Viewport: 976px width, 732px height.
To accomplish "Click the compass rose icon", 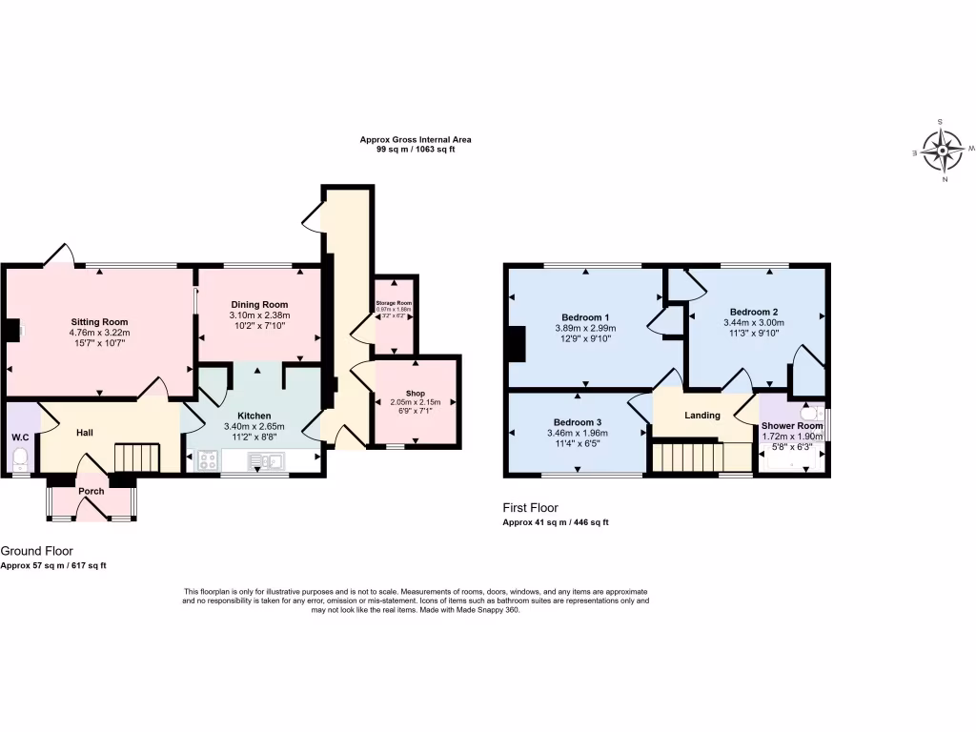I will click(x=944, y=150).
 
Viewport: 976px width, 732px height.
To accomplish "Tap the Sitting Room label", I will click(x=99, y=322).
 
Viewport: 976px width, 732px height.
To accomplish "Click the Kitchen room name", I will click(x=254, y=416).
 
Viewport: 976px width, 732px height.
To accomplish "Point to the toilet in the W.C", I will click(x=20, y=459).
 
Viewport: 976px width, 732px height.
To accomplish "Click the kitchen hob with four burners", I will click(x=207, y=462).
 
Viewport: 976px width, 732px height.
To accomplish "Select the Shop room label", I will click(x=415, y=393).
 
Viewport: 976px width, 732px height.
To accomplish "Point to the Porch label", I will click(x=91, y=491).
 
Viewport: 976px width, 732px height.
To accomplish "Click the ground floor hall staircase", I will click(x=133, y=457).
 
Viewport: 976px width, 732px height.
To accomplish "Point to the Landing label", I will click(x=702, y=416).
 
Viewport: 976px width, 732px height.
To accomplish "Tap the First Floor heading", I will click(x=531, y=508).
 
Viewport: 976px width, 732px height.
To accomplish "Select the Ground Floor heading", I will click(x=36, y=551).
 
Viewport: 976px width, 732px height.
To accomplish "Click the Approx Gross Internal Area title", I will click(x=415, y=139).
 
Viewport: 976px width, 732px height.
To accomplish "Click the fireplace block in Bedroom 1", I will click(x=517, y=344).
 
